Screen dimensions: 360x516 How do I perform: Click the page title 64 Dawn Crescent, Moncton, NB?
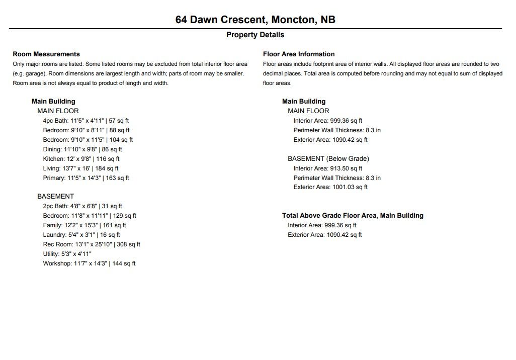(255, 20)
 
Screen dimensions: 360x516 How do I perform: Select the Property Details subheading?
(255, 35)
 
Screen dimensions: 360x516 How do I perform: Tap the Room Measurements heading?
(46, 54)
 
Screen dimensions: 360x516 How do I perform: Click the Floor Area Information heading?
(299, 54)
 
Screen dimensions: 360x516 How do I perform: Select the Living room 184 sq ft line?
(80, 168)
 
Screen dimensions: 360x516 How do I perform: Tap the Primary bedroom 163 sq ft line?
(86, 178)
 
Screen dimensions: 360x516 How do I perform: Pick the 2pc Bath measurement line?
(82, 206)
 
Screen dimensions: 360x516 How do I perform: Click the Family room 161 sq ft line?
(84, 225)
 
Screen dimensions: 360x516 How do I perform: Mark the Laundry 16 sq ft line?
(81, 235)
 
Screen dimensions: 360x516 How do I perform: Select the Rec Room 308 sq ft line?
(92, 244)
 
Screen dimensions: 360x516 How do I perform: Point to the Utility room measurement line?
(67, 254)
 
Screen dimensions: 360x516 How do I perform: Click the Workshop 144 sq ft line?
(89, 263)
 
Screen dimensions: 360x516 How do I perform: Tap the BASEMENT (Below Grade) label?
(328, 158)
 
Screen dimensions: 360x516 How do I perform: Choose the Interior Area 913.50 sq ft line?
(328, 168)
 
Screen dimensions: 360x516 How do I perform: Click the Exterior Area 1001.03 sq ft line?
(330, 187)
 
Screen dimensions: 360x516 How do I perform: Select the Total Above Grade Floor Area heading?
(353, 215)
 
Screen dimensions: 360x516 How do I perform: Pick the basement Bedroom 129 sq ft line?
(90, 216)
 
